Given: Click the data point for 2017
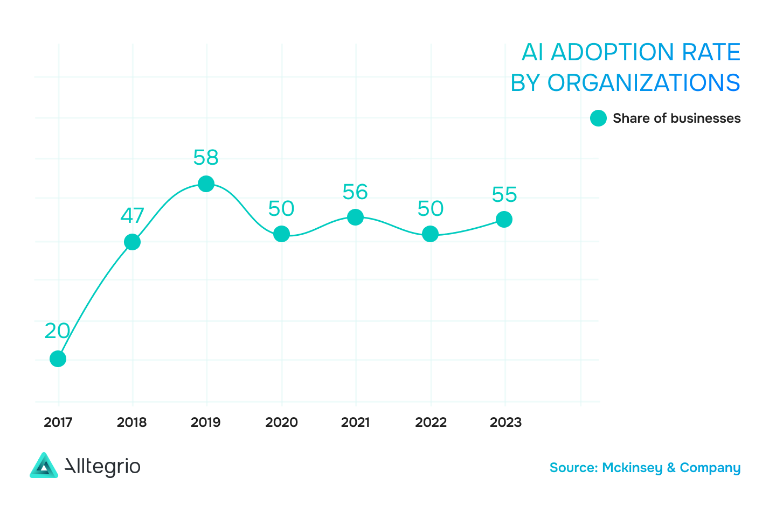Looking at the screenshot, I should [x=58, y=359].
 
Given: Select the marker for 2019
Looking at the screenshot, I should [x=206, y=184].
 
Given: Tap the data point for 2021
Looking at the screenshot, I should [x=355, y=217].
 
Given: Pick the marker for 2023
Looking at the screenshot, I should [x=504, y=220].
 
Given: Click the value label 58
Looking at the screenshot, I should [x=206, y=158].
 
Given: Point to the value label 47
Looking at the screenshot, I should [x=132, y=216].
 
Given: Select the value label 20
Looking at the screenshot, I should [x=57, y=331].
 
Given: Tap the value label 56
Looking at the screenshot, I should [x=355, y=192].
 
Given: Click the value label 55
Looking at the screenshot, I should [x=504, y=195].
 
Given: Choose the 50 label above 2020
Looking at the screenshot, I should [x=281, y=209].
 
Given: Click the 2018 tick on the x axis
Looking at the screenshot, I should [x=132, y=422].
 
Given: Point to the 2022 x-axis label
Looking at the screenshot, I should [x=431, y=422].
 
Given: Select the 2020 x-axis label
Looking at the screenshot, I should [x=281, y=422].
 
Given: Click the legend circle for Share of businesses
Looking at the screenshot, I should [x=598, y=118].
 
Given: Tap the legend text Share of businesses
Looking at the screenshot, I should [x=676, y=118].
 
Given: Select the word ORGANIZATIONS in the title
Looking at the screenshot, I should [x=643, y=83].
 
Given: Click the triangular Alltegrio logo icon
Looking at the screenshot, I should [x=44, y=466].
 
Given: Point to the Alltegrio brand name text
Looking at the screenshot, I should [x=102, y=467].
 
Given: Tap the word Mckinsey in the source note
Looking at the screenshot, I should [x=632, y=468].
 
